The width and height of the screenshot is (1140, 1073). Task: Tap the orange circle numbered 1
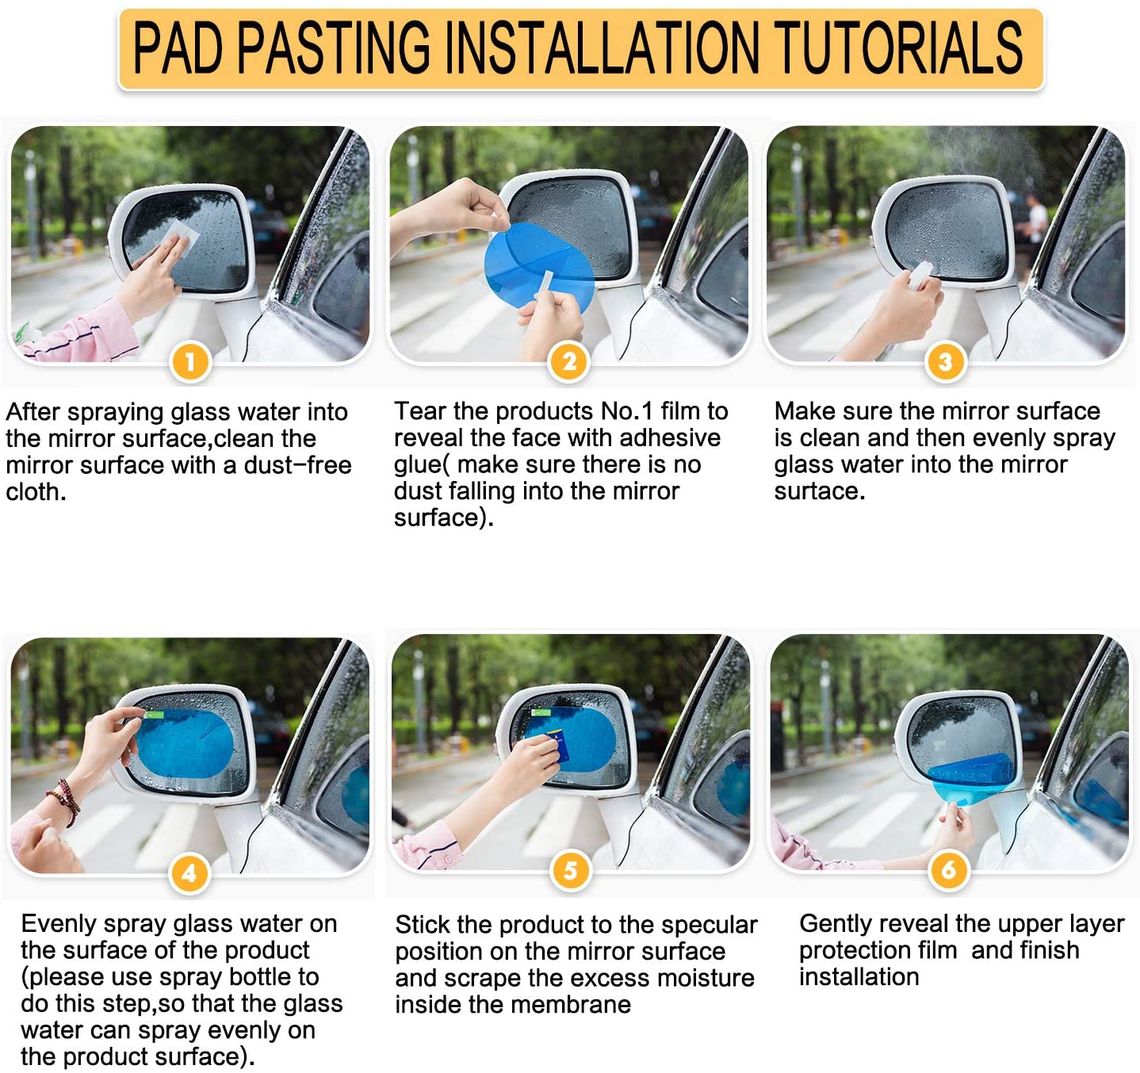click(190, 362)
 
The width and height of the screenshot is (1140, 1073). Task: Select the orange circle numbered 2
click(569, 362)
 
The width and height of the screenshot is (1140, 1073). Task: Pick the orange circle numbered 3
click(946, 362)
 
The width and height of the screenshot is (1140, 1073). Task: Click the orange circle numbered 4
click(189, 873)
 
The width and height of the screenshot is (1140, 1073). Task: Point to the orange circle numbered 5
click(570, 870)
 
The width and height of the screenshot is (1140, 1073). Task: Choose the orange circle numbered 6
click(949, 870)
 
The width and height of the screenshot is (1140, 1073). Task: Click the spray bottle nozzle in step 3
click(922, 273)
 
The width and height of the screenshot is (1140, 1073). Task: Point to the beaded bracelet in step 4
click(65, 801)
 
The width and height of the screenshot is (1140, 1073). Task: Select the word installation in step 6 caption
click(859, 976)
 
